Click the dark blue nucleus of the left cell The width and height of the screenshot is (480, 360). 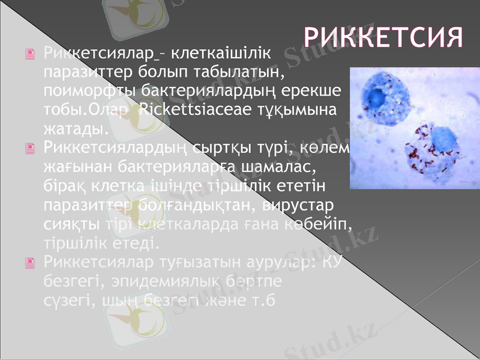(376, 98)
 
